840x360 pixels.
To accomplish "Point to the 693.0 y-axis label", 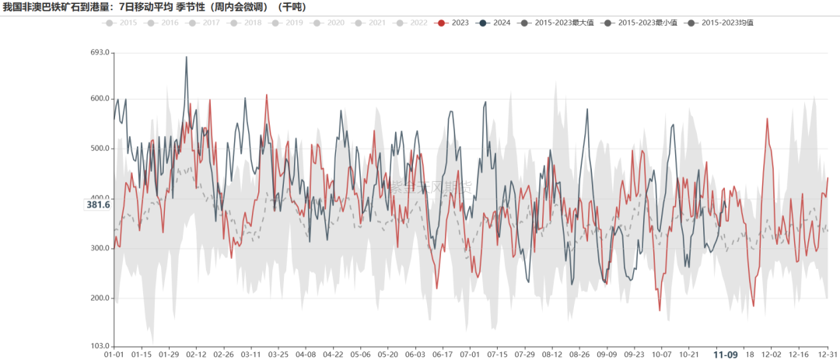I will tap(100, 53).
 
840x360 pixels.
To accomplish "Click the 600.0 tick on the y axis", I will tap(100, 99).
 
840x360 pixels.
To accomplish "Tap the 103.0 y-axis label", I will tap(100, 345).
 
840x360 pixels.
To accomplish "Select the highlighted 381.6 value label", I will tap(98, 204).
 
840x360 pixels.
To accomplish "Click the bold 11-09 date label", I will tap(726, 355).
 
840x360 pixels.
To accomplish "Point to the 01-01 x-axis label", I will tap(114, 354).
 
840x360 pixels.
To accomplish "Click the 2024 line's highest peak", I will tap(187, 57).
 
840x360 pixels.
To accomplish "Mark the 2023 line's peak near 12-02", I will tap(767, 119).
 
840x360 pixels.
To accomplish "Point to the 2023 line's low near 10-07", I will tap(660, 310).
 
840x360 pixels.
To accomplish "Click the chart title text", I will tap(156, 7).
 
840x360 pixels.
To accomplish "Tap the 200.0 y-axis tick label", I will tap(100, 298).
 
